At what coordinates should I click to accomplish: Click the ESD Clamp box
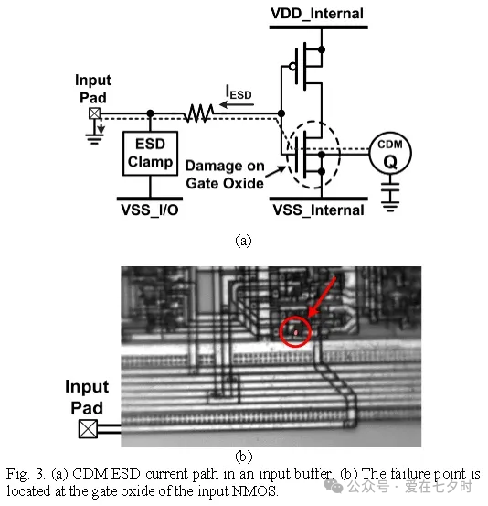coord(150,154)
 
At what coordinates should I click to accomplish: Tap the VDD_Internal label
coord(317,14)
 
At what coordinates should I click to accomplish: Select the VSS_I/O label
coord(150,210)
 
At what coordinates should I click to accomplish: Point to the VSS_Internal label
coord(318,210)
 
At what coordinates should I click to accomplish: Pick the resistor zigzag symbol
coord(198,113)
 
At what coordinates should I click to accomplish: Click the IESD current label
coord(239,92)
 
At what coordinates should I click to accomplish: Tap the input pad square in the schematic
coord(94,113)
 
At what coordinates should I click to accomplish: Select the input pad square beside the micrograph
coord(88,429)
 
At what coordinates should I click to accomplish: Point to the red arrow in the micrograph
coord(322,296)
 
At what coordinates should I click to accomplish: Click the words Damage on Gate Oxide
coord(225,174)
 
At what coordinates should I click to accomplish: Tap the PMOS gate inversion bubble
coord(292,67)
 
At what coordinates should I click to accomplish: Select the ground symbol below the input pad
coord(94,139)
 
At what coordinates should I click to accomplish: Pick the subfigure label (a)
coord(243,241)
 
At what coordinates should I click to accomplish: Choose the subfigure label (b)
coord(244,457)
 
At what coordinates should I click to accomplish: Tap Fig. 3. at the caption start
coord(26,474)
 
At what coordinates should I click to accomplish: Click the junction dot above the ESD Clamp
coord(150,113)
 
